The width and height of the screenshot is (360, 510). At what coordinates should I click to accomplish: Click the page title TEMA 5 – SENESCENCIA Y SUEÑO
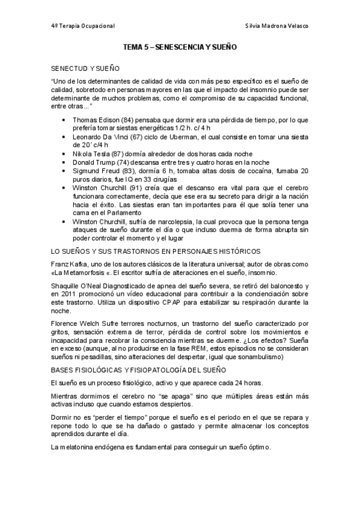click(180, 46)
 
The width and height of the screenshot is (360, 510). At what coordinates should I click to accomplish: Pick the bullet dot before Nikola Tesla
click(64, 154)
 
